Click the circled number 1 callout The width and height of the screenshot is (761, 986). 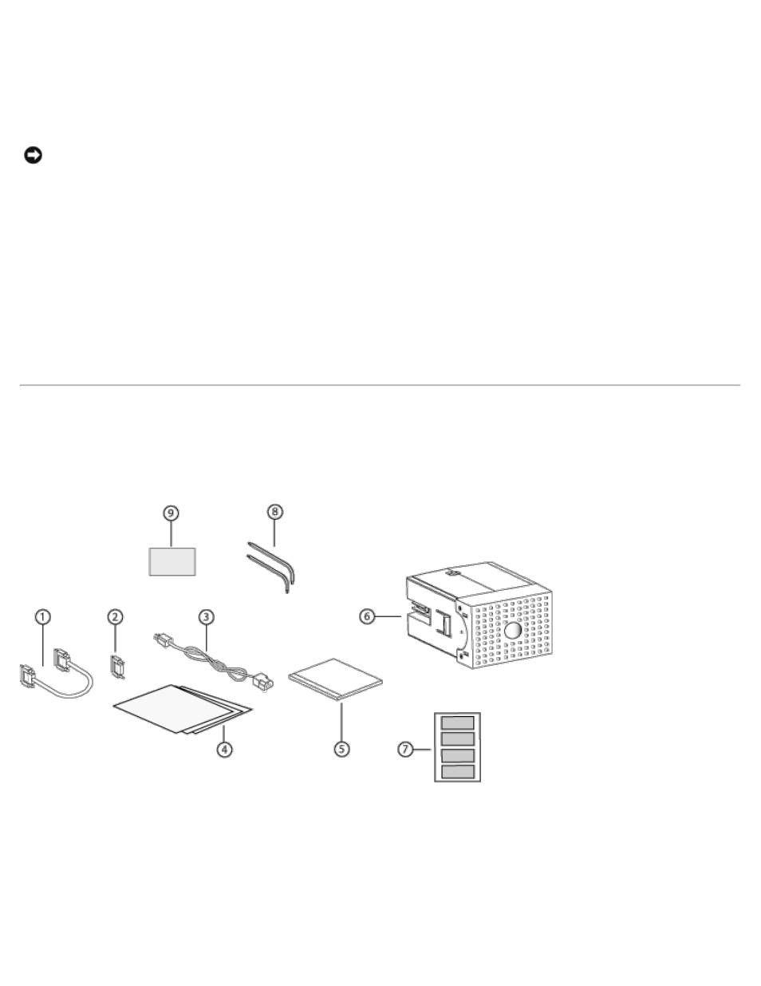42,616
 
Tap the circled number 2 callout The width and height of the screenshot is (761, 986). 116,616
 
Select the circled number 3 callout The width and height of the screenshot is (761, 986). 206,616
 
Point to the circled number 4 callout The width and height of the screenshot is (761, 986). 225,750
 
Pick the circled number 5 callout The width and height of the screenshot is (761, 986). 341,750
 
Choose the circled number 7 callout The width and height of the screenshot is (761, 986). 406,750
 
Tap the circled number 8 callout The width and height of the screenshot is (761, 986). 274,512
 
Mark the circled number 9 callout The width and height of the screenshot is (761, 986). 172,512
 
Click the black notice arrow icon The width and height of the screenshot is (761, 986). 32,155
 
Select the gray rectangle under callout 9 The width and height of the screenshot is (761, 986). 172,560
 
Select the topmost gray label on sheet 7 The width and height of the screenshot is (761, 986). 458,723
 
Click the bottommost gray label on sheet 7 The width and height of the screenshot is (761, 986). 458,771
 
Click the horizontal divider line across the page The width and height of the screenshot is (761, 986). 380,385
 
